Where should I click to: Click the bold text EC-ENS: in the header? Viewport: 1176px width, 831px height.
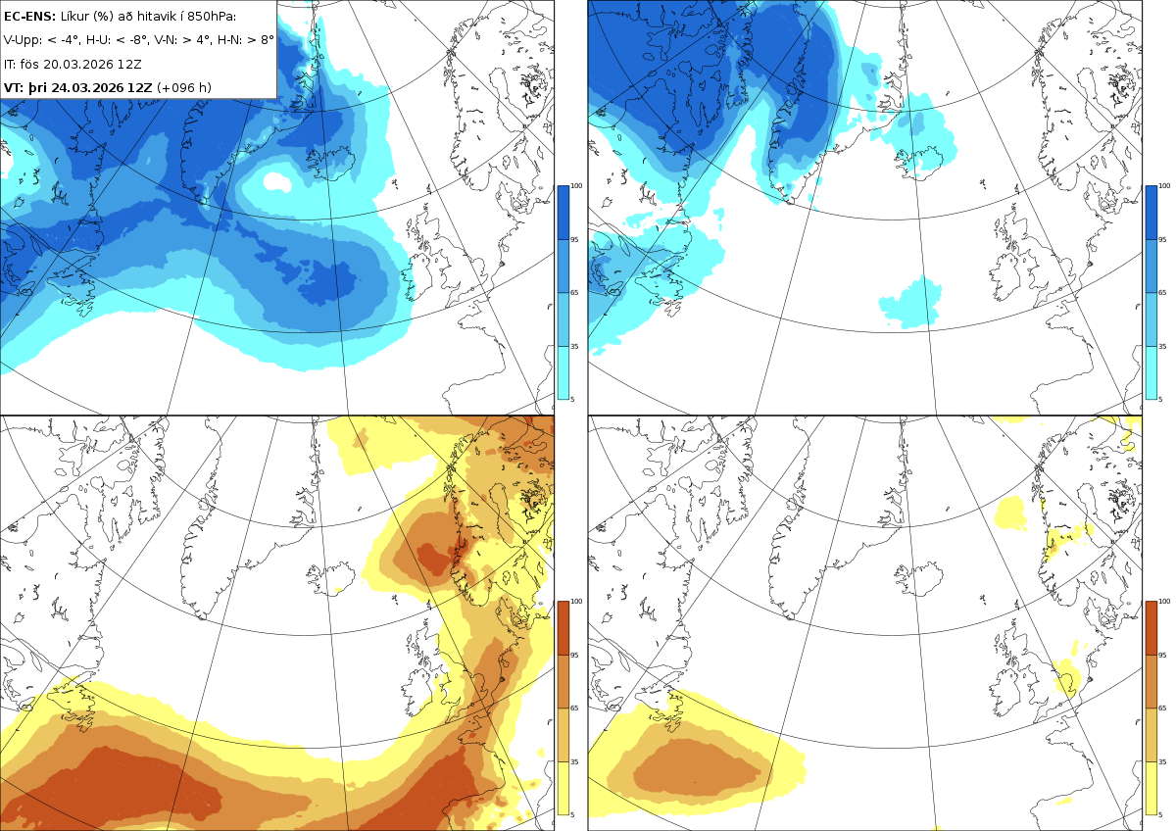(x=29, y=17)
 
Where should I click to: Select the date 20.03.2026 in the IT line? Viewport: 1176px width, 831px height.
(x=78, y=64)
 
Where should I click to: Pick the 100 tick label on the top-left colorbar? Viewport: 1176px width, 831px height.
(x=576, y=186)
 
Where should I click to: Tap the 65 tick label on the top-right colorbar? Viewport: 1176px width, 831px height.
(x=1162, y=292)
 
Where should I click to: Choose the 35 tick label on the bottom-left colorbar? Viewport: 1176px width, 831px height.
(x=574, y=761)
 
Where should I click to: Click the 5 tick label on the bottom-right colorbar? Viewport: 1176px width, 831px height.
(x=1160, y=814)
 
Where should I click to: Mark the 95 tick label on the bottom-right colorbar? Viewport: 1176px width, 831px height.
(x=1162, y=656)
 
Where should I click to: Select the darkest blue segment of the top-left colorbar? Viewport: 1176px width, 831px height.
(x=563, y=213)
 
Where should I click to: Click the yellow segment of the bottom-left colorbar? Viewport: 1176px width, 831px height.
(x=563, y=788)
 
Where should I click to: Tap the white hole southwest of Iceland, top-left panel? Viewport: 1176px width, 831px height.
(x=276, y=181)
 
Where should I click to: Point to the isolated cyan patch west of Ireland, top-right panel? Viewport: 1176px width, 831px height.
(x=910, y=303)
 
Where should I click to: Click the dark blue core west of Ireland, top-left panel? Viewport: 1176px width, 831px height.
(x=328, y=282)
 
